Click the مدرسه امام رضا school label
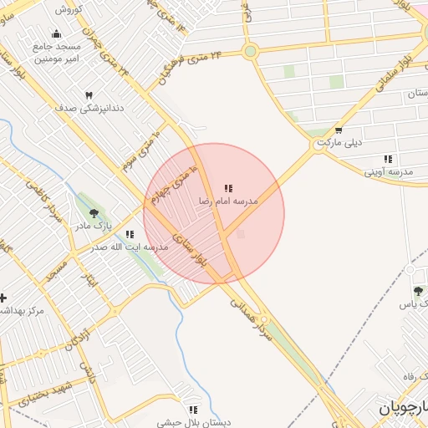pos(228,202)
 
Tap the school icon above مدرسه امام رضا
pos(228,189)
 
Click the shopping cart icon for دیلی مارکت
pos(339,130)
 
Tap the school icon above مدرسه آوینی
pos(388,158)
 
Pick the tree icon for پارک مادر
pos(94,213)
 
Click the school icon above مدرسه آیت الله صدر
pos(129,235)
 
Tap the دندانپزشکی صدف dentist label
pos(89,108)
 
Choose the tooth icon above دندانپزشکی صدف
pos(89,95)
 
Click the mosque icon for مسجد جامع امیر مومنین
pos(56,33)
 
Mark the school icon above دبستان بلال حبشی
pos(194,410)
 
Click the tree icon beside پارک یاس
pos(418,291)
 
